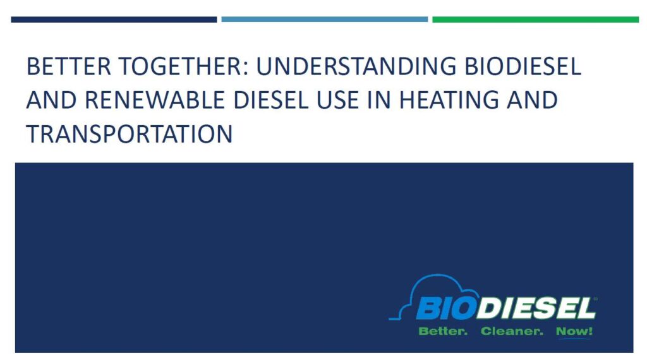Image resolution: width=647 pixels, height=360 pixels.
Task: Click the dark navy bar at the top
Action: click(x=114, y=20)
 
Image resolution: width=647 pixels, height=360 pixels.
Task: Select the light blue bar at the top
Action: click(x=324, y=20)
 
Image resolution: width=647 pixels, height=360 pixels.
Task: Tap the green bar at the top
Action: click(x=536, y=20)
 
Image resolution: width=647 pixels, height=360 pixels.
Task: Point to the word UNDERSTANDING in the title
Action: click(x=356, y=66)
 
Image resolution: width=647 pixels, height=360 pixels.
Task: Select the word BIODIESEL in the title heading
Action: click(x=523, y=66)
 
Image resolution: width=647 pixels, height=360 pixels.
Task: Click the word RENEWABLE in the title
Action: click(x=155, y=100)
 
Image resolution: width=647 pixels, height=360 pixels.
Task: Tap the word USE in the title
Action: click(x=337, y=100)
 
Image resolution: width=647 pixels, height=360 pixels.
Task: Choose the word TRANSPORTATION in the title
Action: click(x=130, y=134)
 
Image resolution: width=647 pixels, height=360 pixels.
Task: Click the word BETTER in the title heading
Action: click(x=69, y=66)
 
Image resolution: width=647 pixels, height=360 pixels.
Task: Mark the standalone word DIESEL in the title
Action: click(x=270, y=100)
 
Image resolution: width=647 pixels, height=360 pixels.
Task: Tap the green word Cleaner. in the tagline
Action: click(x=512, y=331)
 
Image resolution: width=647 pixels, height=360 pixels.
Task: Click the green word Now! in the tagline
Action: click(x=574, y=331)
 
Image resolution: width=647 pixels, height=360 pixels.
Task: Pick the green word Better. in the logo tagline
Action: click(x=443, y=331)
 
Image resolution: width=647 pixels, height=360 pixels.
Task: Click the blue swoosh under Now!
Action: click(x=574, y=339)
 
